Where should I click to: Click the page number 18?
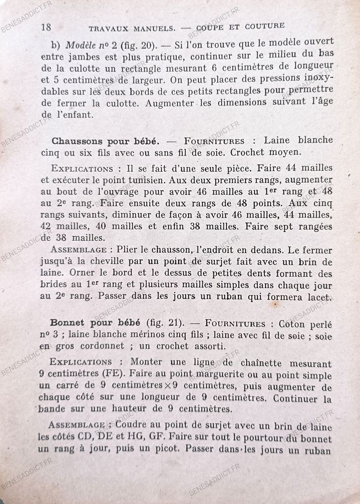pos(46,27)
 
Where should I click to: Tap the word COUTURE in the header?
pos(262,26)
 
